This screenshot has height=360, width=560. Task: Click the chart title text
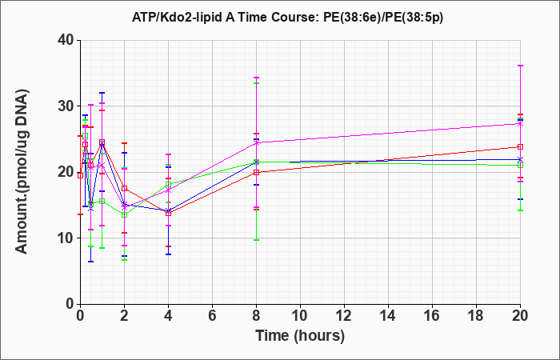pyautogui.click(x=287, y=17)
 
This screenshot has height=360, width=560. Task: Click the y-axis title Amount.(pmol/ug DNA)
pyautogui.click(x=22, y=171)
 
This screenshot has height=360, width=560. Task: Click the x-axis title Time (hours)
pyautogui.click(x=300, y=336)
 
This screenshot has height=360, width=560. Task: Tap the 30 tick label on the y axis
pyautogui.click(x=66, y=106)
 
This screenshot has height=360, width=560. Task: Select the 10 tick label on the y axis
pyautogui.click(x=66, y=238)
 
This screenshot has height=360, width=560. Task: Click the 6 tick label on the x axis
pyautogui.click(x=212, y=316)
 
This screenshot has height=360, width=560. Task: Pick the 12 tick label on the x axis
pyautogui.click(x=344, y=316)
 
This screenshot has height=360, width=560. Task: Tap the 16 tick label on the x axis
pyautogui.click(x=432, y=316)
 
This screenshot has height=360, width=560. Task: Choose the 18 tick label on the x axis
pyautogui.click(x=476, y=316)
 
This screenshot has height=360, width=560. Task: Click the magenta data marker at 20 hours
pyautogui.click(x=520, y=124)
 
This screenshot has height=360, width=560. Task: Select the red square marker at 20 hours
pyautogui.click(x=520, y=146)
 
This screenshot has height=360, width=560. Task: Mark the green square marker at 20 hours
pyautogui.click(x=520, y=165)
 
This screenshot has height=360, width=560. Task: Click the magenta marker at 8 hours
pyautogui.click(x=256, y=143)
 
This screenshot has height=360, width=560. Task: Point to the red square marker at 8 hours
pyautogui.click(x=256, y=172)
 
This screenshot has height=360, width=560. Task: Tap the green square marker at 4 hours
pyautogui.click(x=168, y=184)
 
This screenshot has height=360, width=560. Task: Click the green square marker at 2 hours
pyautogui.click(x=124, y=214)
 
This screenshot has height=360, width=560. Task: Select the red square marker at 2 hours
pyautogui.click(x=124, y=188)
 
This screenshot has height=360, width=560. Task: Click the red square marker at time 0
pyautogui.click(x=80, y=175)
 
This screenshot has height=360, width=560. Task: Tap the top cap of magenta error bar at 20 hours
pyautogui.click(x=520, y=66)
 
